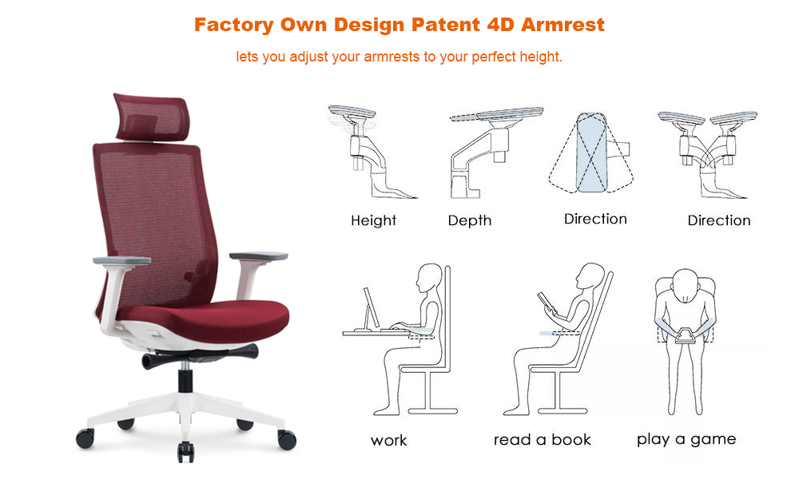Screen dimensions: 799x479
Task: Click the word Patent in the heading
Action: (445, 25)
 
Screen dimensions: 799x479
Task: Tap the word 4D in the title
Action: (500, 25)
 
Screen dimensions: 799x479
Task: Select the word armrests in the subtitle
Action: (392, 57)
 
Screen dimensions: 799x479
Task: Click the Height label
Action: (373, 220)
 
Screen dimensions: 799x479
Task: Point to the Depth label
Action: (469, 220)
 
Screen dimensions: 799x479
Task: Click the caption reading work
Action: (389, 441)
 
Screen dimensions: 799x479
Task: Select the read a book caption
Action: (543, 439)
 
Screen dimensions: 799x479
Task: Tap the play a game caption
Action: (686, 439)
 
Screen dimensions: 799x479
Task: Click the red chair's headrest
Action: (151, 117)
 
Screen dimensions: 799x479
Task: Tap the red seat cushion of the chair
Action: (204, 321)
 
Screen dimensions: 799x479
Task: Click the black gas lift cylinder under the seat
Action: (185, 379)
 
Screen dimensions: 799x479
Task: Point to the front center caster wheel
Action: (185, 452)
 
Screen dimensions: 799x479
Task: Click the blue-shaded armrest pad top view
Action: (591, 152)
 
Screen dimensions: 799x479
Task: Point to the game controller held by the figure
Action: (686, 336)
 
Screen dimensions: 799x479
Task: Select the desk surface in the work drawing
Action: (376, 334)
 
